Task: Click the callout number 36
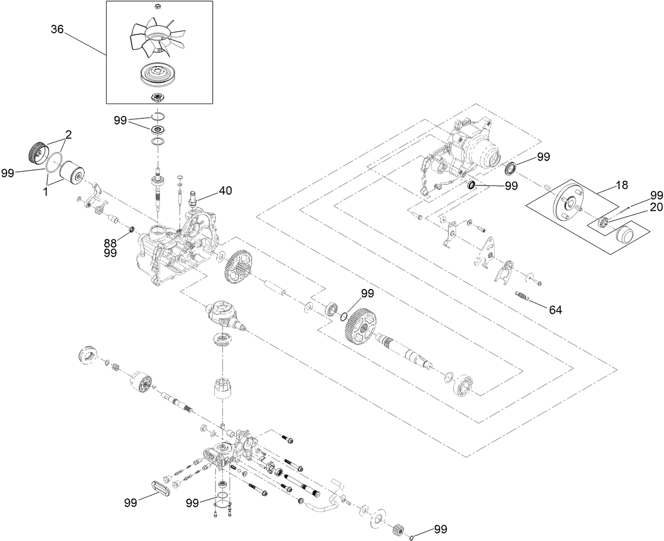[57, 30]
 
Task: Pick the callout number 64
[555, 310]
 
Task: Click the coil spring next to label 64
[523, 297]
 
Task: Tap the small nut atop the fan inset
[157, 6]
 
